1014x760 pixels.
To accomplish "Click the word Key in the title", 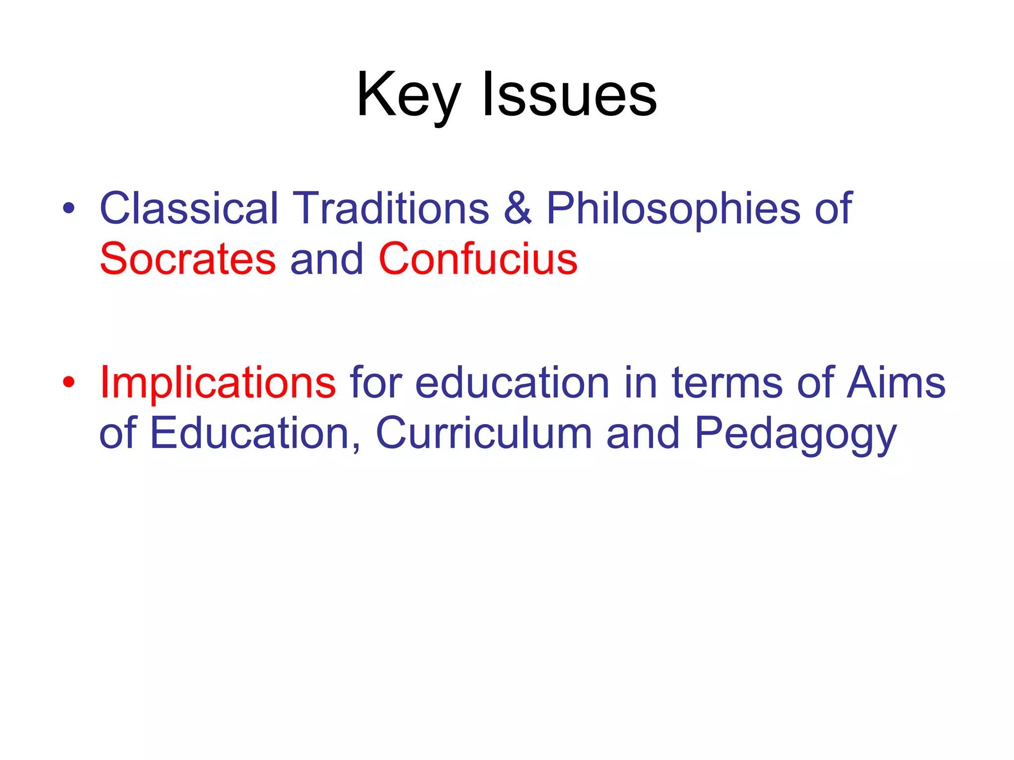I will [x=409, y=95].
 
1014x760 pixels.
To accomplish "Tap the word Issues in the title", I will [x=569, y=95].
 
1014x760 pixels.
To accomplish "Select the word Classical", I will [x=189, y=208].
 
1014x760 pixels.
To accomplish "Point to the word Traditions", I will [x=391, y=208].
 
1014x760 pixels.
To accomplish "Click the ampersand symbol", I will [x=517, y=208].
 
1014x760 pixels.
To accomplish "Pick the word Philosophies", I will [x=673, y=208].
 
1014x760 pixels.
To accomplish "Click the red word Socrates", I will [x=188, y=259].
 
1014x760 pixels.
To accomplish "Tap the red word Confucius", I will [x=478, y=259].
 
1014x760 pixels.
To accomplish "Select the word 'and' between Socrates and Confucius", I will [x=327, y=259].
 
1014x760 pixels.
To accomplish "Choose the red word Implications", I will [x=218, y=383].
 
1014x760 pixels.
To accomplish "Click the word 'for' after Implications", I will [x=376, y=383].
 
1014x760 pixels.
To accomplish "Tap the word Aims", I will [x=896, y=383].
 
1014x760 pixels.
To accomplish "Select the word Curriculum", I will [x=484, y=433].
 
